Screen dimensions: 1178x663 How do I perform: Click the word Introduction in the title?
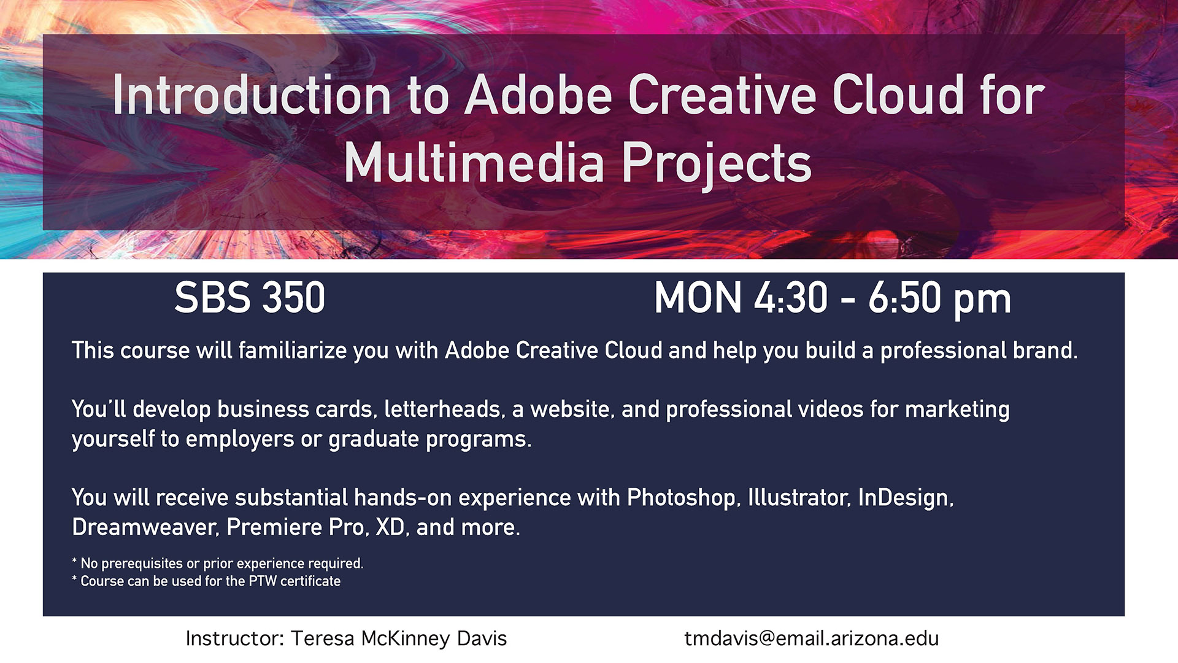click(252, 95)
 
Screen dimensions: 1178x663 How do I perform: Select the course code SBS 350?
click(250, 298)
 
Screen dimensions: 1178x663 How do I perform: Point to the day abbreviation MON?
click(698, 298)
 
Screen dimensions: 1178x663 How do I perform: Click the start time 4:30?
click(791, 298)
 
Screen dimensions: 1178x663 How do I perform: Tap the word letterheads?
click(443, 409)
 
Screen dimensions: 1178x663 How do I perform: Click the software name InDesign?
click(906, 498)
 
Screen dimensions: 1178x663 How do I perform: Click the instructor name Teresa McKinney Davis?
click(399, 638)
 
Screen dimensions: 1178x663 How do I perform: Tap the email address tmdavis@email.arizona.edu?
click(812, 638)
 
